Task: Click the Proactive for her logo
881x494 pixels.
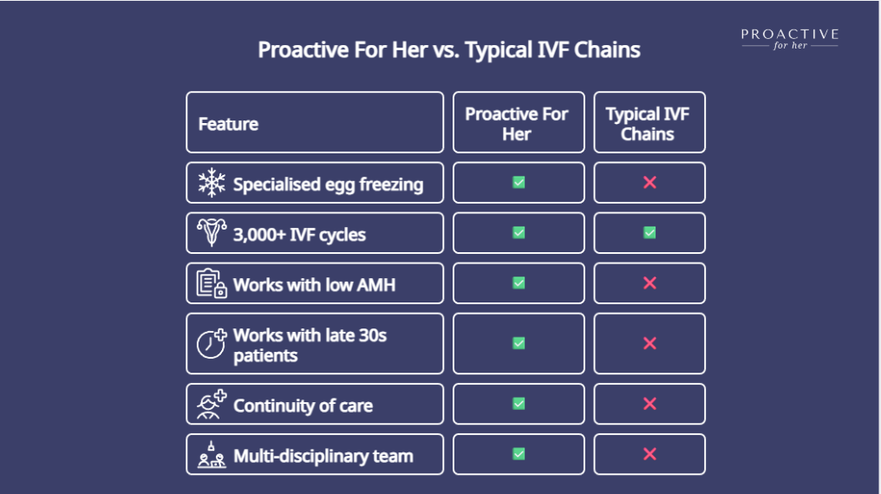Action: pos(789,39)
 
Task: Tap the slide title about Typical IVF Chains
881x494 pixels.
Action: pos(449,50)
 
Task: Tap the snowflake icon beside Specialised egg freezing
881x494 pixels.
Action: pos(212,183)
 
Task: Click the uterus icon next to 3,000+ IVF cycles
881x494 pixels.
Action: pos(212,232)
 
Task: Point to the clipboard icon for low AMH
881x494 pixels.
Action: pos(212,283)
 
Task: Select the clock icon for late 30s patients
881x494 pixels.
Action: pos(212,343)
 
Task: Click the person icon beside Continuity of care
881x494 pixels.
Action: pos(212,404)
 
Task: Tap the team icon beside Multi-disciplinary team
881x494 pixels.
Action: pos(212,455)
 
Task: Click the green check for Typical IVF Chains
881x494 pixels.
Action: pos(649,232)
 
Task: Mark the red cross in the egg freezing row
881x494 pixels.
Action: pos(649,183)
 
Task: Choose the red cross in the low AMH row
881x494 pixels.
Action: pos(649,283)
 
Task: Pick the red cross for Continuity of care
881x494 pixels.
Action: pos(649,404)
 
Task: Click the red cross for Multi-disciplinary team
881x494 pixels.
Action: pos(649,454)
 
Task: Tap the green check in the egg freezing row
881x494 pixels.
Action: pos(519,183)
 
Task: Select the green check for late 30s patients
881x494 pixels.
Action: pos(519,343)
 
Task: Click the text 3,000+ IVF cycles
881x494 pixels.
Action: pos(299,235)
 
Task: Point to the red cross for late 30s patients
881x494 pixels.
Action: pos(649,343)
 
